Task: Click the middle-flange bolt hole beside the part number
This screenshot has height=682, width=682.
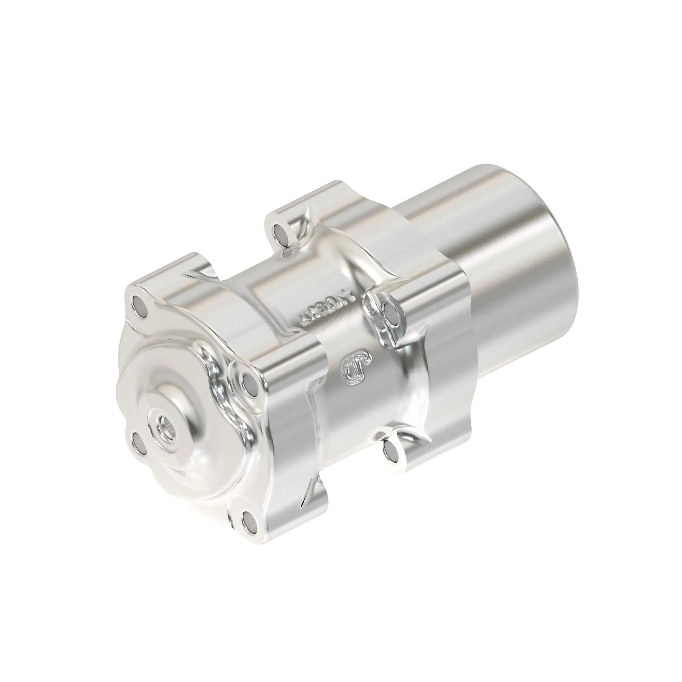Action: pyautogui.click(x=390, y=311)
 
